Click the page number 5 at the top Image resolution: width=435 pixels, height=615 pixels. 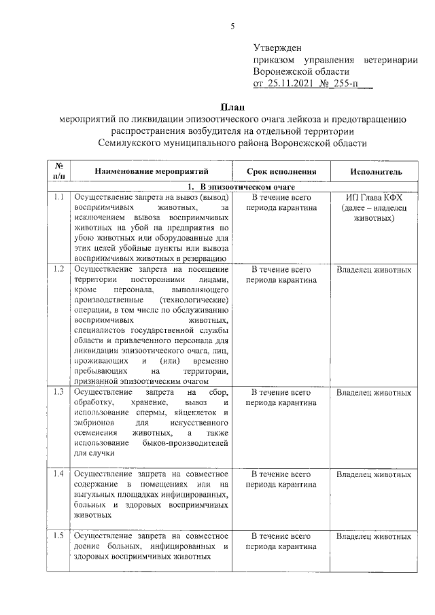[232, 27]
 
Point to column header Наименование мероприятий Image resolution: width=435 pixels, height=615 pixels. [152, 171]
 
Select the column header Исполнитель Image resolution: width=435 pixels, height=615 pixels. [376, 171]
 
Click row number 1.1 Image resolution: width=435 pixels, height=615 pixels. [58, 197]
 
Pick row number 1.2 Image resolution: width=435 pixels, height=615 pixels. [58, 270]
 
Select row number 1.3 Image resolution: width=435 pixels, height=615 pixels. [58, 392]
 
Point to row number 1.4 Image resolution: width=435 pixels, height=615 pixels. [58, 473]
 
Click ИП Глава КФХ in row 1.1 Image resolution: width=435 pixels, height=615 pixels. [376, 197]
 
